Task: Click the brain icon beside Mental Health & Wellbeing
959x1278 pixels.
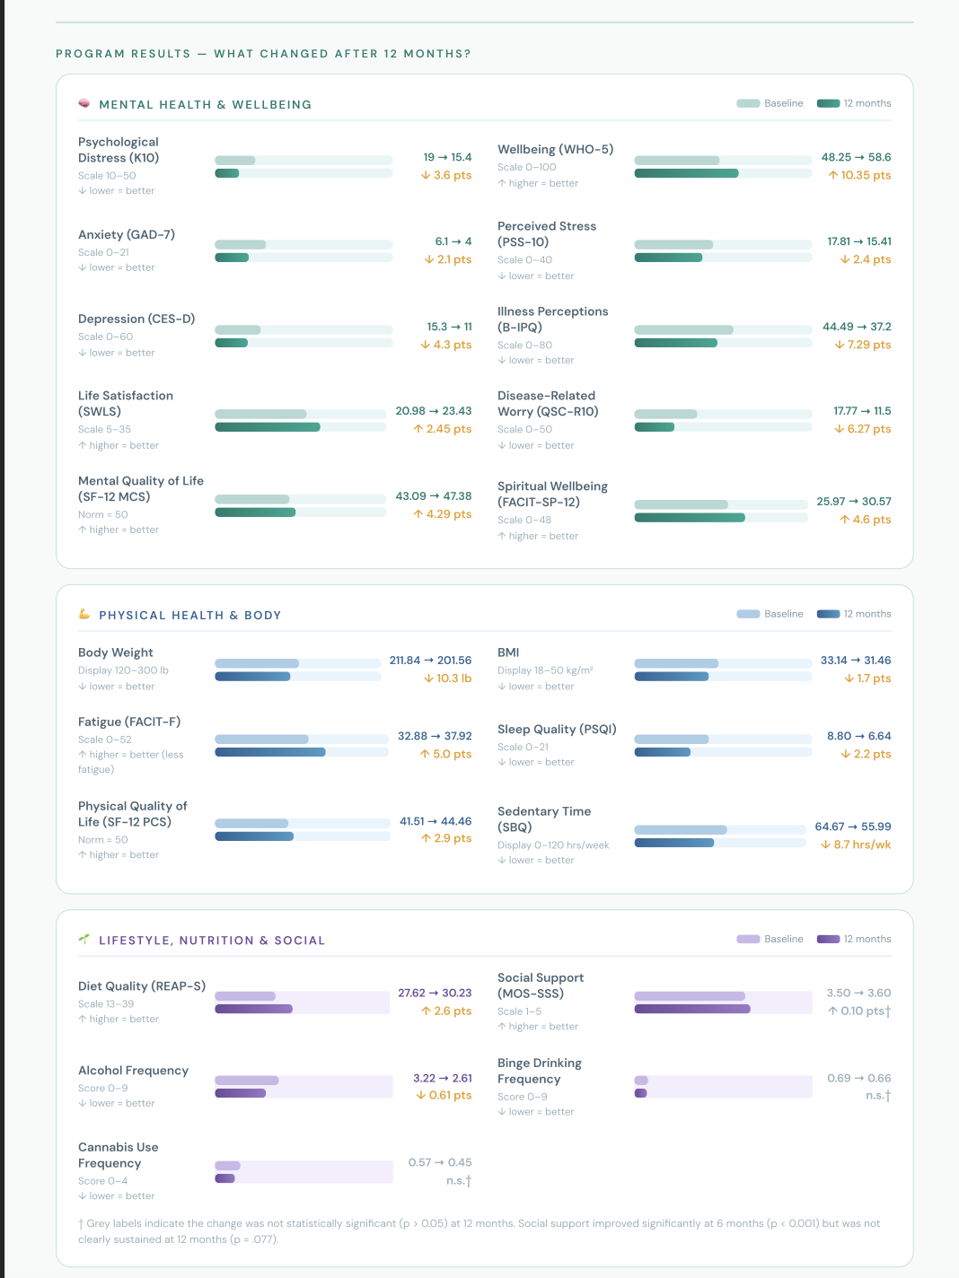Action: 84,103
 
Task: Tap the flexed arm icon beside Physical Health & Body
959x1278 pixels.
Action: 84,614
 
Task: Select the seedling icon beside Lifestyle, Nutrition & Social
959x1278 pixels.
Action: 84,939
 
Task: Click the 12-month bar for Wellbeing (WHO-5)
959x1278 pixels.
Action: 686,173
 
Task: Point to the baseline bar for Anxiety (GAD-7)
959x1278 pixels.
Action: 240,244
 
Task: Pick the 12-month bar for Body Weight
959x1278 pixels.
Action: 252,676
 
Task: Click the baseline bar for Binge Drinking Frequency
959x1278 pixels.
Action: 640,1080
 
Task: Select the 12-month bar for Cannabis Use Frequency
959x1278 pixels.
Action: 224,1177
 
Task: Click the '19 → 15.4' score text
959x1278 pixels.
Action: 447,157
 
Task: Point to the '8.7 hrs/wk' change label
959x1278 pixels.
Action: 856,845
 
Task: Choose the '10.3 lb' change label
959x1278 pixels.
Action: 447,678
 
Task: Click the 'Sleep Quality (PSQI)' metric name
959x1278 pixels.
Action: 557,729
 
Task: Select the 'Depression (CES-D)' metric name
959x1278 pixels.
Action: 136,319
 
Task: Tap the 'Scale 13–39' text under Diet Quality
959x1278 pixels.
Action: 106,1003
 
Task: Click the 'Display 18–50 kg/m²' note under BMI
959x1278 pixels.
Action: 545,670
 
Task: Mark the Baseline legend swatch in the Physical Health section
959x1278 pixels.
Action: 748,614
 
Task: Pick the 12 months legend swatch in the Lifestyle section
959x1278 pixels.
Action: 828,939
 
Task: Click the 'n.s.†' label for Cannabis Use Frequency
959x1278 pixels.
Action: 459,1180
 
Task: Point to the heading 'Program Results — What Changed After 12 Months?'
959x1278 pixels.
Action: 263,54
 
